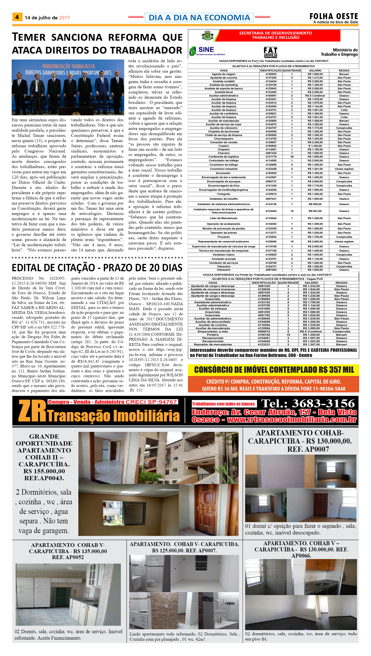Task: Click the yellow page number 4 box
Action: (17, 17)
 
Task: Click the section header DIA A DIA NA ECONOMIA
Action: (199, 18)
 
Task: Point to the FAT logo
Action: (270, 52)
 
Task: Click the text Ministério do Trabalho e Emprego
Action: (339, 52)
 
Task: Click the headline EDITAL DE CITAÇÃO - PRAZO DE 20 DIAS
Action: (97, 268)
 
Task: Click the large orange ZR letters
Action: (32, 411)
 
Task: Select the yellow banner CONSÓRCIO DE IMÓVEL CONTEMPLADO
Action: (274, 370)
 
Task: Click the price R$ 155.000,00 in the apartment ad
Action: (44, 471)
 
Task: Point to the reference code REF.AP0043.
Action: (44, 478)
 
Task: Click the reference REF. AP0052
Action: (68, 557)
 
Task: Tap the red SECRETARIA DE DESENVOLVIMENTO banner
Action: (276, 35)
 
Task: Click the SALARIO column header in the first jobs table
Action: (315, 70)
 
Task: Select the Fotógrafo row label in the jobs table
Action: (223, 194)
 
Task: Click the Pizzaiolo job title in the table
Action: (223, 237)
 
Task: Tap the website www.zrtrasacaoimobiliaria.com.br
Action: (291, 419)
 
